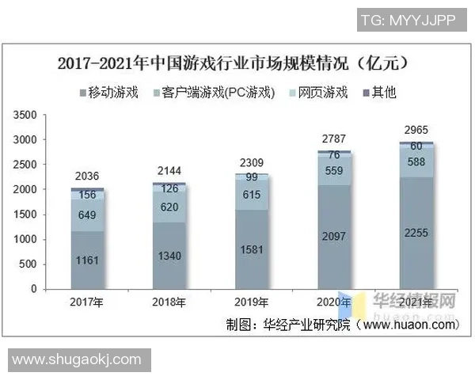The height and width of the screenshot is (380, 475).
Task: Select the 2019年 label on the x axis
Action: point(253,302)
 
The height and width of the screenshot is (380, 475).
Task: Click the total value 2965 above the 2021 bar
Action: point(416,129)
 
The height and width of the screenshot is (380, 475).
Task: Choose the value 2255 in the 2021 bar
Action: point(416,232)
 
